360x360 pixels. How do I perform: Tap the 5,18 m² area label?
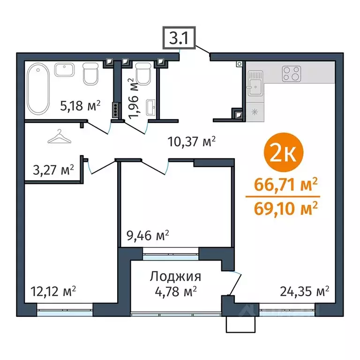81,106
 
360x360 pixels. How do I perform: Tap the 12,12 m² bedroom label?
53,291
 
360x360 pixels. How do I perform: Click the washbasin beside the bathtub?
64,70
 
